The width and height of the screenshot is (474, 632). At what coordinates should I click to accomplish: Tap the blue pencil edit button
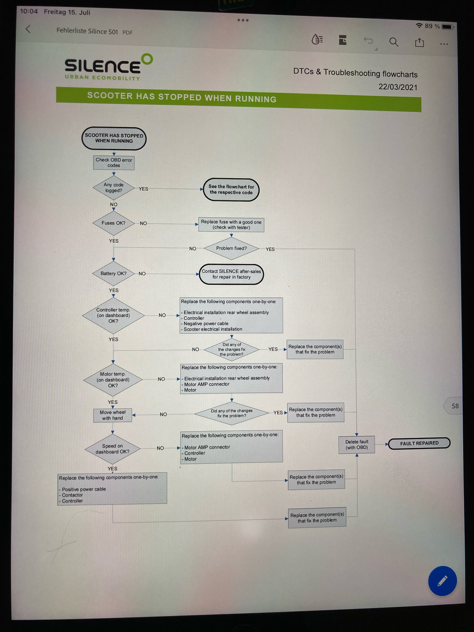click(x=442, y=581)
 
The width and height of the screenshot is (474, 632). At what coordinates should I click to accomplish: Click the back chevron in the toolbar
click(x=28, y=29)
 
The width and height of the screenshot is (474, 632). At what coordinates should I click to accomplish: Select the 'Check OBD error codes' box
click(x=114, y=163)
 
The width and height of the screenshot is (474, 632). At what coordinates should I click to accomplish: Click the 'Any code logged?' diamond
click(x=114, y=188)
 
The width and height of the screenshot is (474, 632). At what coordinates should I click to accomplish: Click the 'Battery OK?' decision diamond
click(x=113, y=273)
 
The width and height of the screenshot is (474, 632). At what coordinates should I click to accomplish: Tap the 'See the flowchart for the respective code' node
click(x=231, y=190)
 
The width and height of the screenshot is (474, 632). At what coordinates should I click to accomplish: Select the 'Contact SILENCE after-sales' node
click(x=231, y=274)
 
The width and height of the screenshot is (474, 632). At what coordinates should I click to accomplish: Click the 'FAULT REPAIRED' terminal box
click(x=419, y=443)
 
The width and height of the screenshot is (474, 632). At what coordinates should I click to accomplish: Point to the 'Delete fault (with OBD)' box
click(x=357, y=445)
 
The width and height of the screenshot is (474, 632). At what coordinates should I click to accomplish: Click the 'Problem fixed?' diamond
click(x=231, y=248)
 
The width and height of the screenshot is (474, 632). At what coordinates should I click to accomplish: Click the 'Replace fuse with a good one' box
click(x=231, y=225)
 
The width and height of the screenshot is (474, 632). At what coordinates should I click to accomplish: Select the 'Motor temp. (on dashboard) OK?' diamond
click(x=113, y=380)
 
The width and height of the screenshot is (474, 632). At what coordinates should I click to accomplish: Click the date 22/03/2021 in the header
click(x=398, y=87)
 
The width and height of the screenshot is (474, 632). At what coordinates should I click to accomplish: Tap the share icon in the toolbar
click(x=419, y=43)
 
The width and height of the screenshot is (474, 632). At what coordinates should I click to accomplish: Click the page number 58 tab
click(x=455, y=406)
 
